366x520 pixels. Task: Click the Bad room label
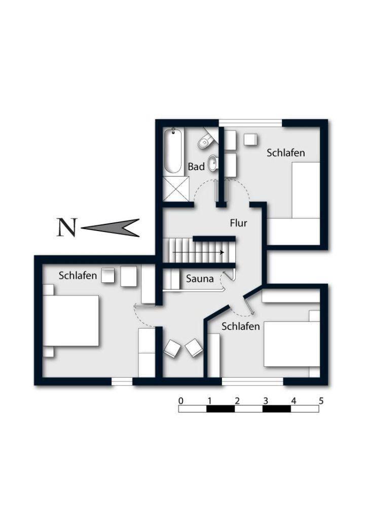click(196, 167)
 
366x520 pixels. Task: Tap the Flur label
click(239, 223)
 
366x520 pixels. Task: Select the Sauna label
click(200, 279)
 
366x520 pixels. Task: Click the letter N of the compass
click(67, 227)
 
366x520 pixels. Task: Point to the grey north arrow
click(110, 227)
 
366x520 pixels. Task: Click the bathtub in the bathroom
click(173, 151)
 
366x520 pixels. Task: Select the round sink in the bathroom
click(213, 163)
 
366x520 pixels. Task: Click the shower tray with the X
click(176, 189)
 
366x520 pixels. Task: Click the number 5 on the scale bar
click(321, 401)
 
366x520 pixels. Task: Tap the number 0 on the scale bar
click(180, 401)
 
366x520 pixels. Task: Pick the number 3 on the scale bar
click(266, 401)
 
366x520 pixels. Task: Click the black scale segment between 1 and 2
click(221, 409)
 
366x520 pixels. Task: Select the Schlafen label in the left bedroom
click(78, 276)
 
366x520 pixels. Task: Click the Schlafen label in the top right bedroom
click(285, 153)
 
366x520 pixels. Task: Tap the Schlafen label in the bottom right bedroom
click(241, 327)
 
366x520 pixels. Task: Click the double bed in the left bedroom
click(71, 321)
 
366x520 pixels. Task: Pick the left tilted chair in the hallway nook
click(172, 348)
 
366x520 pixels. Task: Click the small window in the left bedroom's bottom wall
click(122, 382)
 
